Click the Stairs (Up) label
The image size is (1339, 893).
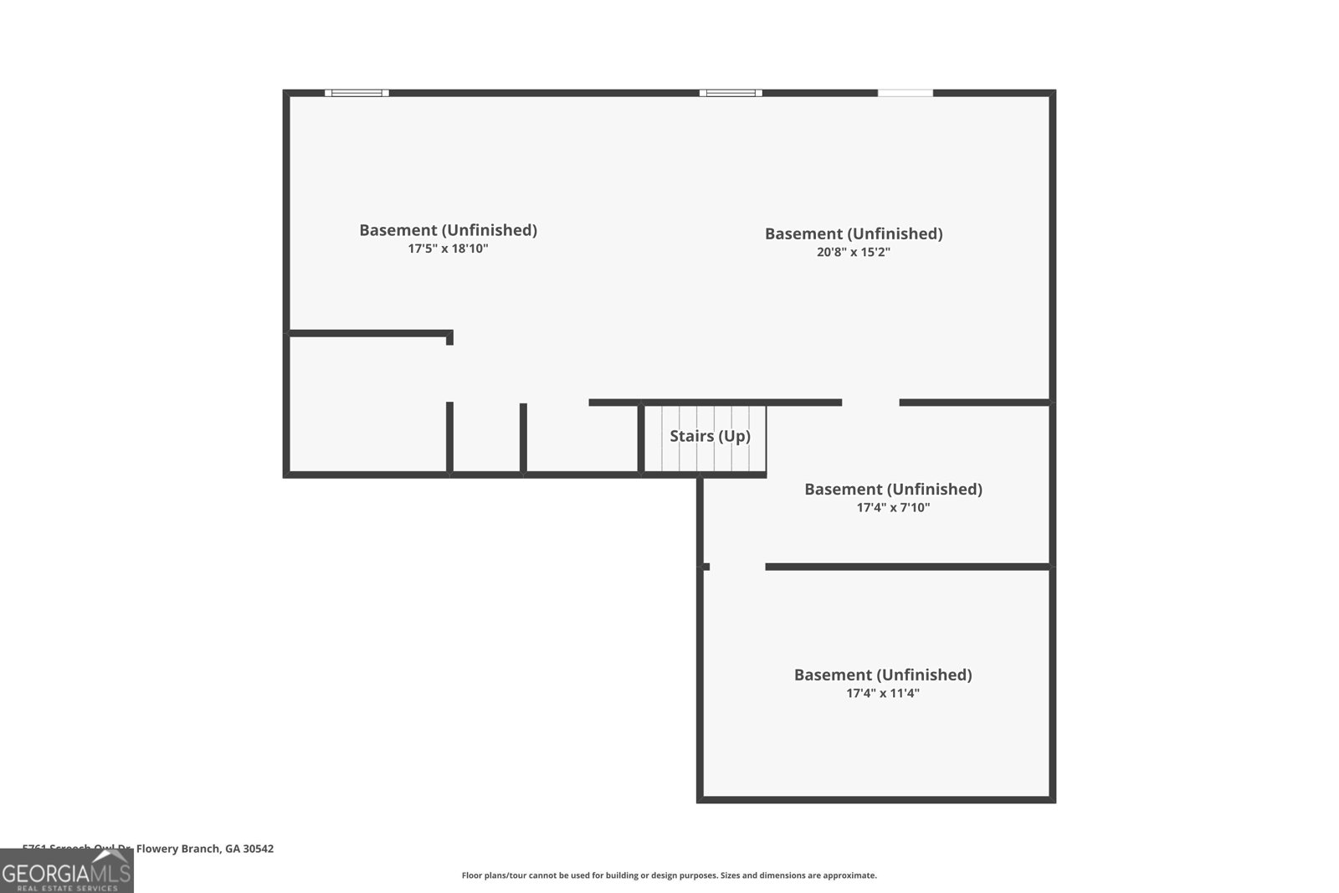(710, 436)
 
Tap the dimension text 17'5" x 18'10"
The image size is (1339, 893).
(448, 249)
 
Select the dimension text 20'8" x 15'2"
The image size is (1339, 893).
(853, 252)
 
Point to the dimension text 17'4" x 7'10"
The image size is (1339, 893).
(893, 507)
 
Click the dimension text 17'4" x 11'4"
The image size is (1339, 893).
(883, 693)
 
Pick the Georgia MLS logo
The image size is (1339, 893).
(66, 872)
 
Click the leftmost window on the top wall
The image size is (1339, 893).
(357, 93)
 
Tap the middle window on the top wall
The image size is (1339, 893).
(731, 93)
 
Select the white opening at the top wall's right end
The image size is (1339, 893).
(905, 93)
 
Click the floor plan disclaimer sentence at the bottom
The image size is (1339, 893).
(669, 875)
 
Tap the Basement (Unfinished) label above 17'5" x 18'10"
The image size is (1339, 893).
(448, 230)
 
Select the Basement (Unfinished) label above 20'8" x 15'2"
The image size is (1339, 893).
(853, 234)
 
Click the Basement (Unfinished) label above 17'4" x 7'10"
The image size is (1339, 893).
(893, 489)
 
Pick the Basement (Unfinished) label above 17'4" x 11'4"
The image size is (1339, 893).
(883, 675)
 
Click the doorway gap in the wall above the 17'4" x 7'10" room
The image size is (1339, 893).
(870, 403)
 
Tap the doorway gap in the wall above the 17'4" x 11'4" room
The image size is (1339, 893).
(737, 567)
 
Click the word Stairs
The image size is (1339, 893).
(691, 436)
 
